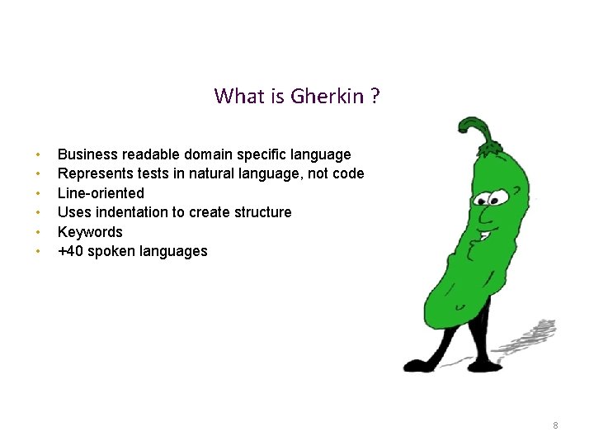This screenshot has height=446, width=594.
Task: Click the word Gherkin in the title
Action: tap(328, 97)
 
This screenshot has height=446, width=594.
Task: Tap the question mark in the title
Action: tap(375, 97)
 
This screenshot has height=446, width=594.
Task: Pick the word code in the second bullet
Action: tap(348, 173)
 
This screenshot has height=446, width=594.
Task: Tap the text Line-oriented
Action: tap(101, 193)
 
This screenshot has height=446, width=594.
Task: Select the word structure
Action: tap(262, 212)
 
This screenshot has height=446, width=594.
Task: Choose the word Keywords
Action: tap(90, 232)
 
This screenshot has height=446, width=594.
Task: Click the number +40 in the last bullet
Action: tap(69, 251)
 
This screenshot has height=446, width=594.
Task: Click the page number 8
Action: tap(555, 425)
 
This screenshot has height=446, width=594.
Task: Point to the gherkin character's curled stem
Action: tap(477, 130)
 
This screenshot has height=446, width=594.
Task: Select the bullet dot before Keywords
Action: tap(38, 232)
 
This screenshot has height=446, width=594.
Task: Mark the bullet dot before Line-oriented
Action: tap(38, 193)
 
